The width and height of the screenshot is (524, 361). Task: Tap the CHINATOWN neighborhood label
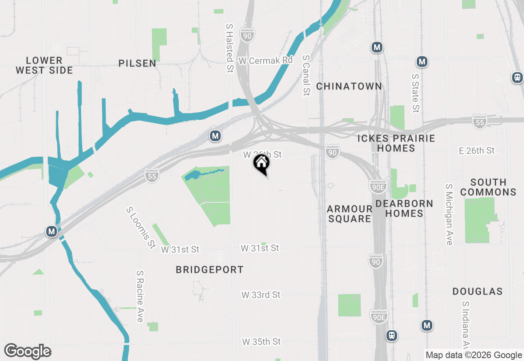click(x=349, y=86)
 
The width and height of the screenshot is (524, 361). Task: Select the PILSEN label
click(x=138, y=63)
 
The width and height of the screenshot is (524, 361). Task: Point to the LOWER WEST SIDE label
click(x=44, y=65)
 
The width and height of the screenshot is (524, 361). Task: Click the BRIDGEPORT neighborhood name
click(x=210, y=270)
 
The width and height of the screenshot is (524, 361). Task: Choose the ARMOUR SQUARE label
click(x=349, y=214)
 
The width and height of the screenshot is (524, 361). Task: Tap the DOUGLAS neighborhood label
click(x=477, y=291)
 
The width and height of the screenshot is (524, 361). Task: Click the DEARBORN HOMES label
click(x=404, y=208)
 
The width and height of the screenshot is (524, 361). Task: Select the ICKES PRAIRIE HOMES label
click(x=396, y=143)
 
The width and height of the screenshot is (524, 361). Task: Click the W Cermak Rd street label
click(x=266, y=60)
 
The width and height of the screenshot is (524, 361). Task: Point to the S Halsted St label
click(x=230, y=48)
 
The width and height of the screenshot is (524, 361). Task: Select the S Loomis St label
click(x=141, y=228)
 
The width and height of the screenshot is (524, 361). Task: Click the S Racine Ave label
click(x=140, y=296)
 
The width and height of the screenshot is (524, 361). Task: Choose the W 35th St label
click(x=261, y=341)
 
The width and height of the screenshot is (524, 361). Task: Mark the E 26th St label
click(x=477, y=151)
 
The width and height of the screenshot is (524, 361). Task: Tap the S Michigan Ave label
click(x=449, y=214)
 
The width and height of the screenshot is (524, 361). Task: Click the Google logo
click(x=27, y=351)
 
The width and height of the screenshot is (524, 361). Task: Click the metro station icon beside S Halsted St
click(x=215, y=136)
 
